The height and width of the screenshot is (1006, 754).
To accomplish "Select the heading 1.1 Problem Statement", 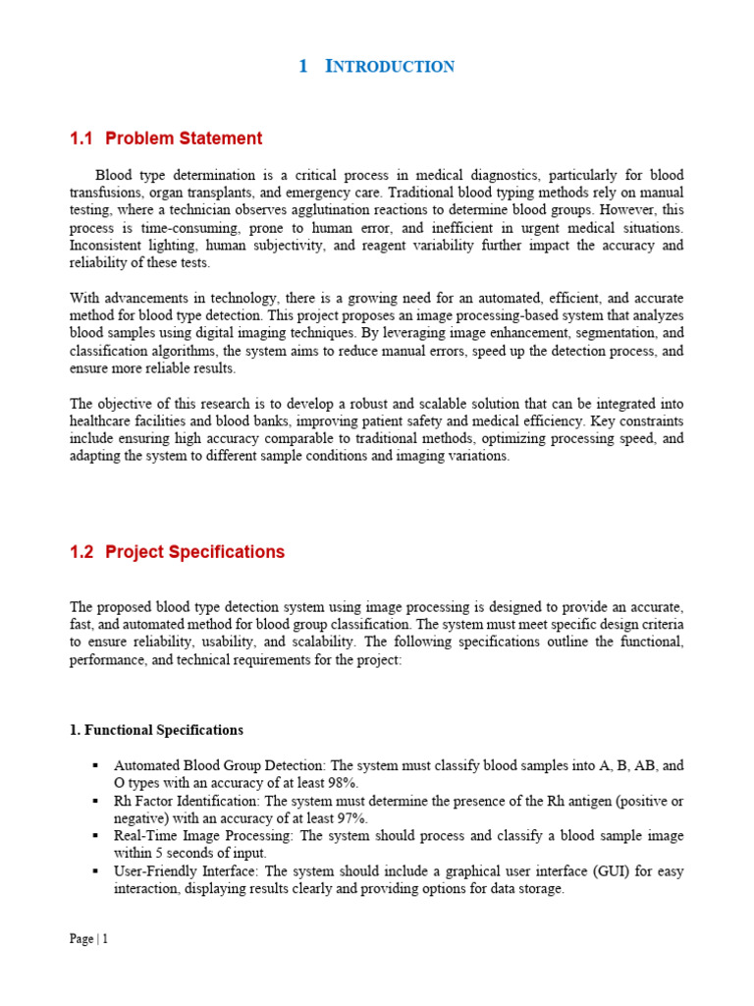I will (x=166, y=139).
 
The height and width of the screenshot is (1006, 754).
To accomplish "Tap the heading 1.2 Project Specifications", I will (x=177, y=552).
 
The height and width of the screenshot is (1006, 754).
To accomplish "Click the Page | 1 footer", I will (x=88, y=938).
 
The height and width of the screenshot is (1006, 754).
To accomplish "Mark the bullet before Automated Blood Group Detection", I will (x=95, y=765).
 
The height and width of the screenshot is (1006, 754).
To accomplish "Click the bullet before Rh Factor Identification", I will (x=95, y=801).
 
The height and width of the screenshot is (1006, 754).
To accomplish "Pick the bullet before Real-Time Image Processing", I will (x=95, y=836).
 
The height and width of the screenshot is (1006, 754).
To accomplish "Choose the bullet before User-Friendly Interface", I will (x=95, y=871).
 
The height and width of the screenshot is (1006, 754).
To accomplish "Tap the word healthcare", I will (x=102, y=422).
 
